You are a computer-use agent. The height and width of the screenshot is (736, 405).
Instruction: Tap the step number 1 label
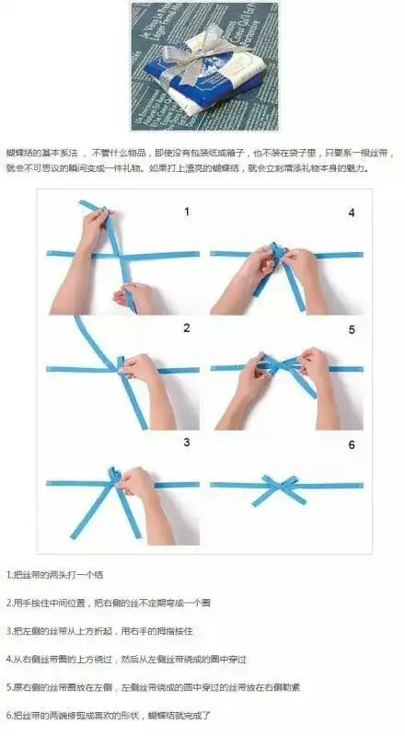186,212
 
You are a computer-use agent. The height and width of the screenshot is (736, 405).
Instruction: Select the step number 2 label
186,328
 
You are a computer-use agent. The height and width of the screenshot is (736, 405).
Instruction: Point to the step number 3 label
186,443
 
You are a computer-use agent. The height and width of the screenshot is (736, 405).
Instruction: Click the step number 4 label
351,213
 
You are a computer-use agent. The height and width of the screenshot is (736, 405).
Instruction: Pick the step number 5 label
351,328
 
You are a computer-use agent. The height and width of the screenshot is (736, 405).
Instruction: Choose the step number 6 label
351,444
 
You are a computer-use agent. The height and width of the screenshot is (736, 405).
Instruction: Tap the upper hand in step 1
95,227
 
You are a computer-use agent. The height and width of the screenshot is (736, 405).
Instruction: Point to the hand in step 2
143,372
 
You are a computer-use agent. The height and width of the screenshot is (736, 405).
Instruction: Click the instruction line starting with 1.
55,575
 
